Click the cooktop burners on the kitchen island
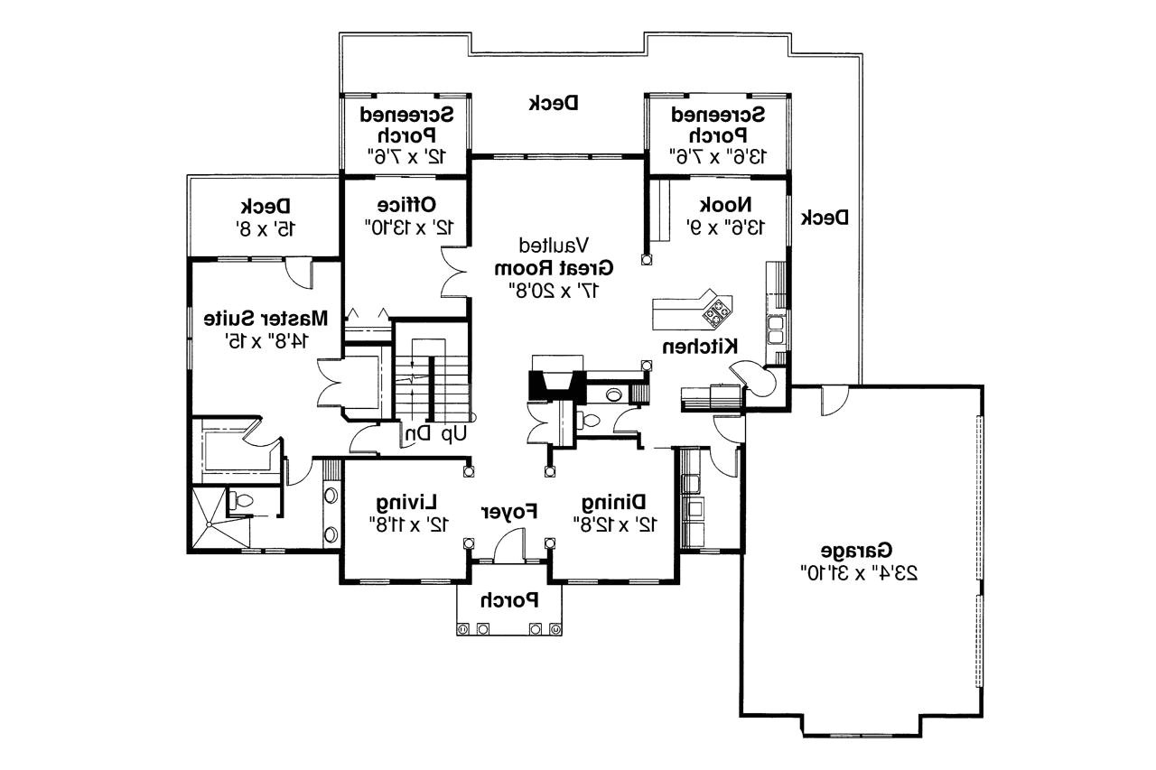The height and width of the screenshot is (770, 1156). pos(717,311)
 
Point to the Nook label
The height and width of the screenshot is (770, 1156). pos(741,205)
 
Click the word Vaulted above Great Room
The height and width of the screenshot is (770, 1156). pos(554,245)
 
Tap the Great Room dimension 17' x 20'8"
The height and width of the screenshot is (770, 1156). pos(554,289)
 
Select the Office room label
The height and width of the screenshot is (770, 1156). pos(406,203)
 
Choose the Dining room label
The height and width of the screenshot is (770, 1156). pos(613,501)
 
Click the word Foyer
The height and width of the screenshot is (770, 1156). pos(508,511)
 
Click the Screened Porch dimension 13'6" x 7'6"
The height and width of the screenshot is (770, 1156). pos(719,156)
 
